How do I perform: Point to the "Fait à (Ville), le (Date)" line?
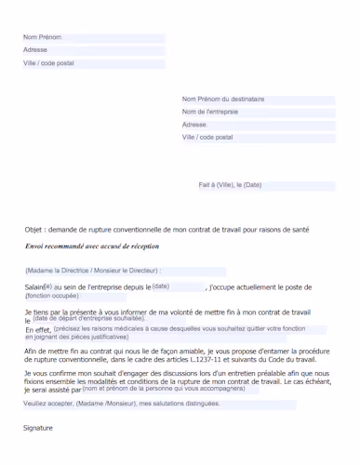230,185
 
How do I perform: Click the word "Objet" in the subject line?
34,229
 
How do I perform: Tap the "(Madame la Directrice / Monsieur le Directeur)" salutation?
92,270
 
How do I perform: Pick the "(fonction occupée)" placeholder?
52,295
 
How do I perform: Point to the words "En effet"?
37,330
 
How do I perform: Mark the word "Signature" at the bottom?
38,428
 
